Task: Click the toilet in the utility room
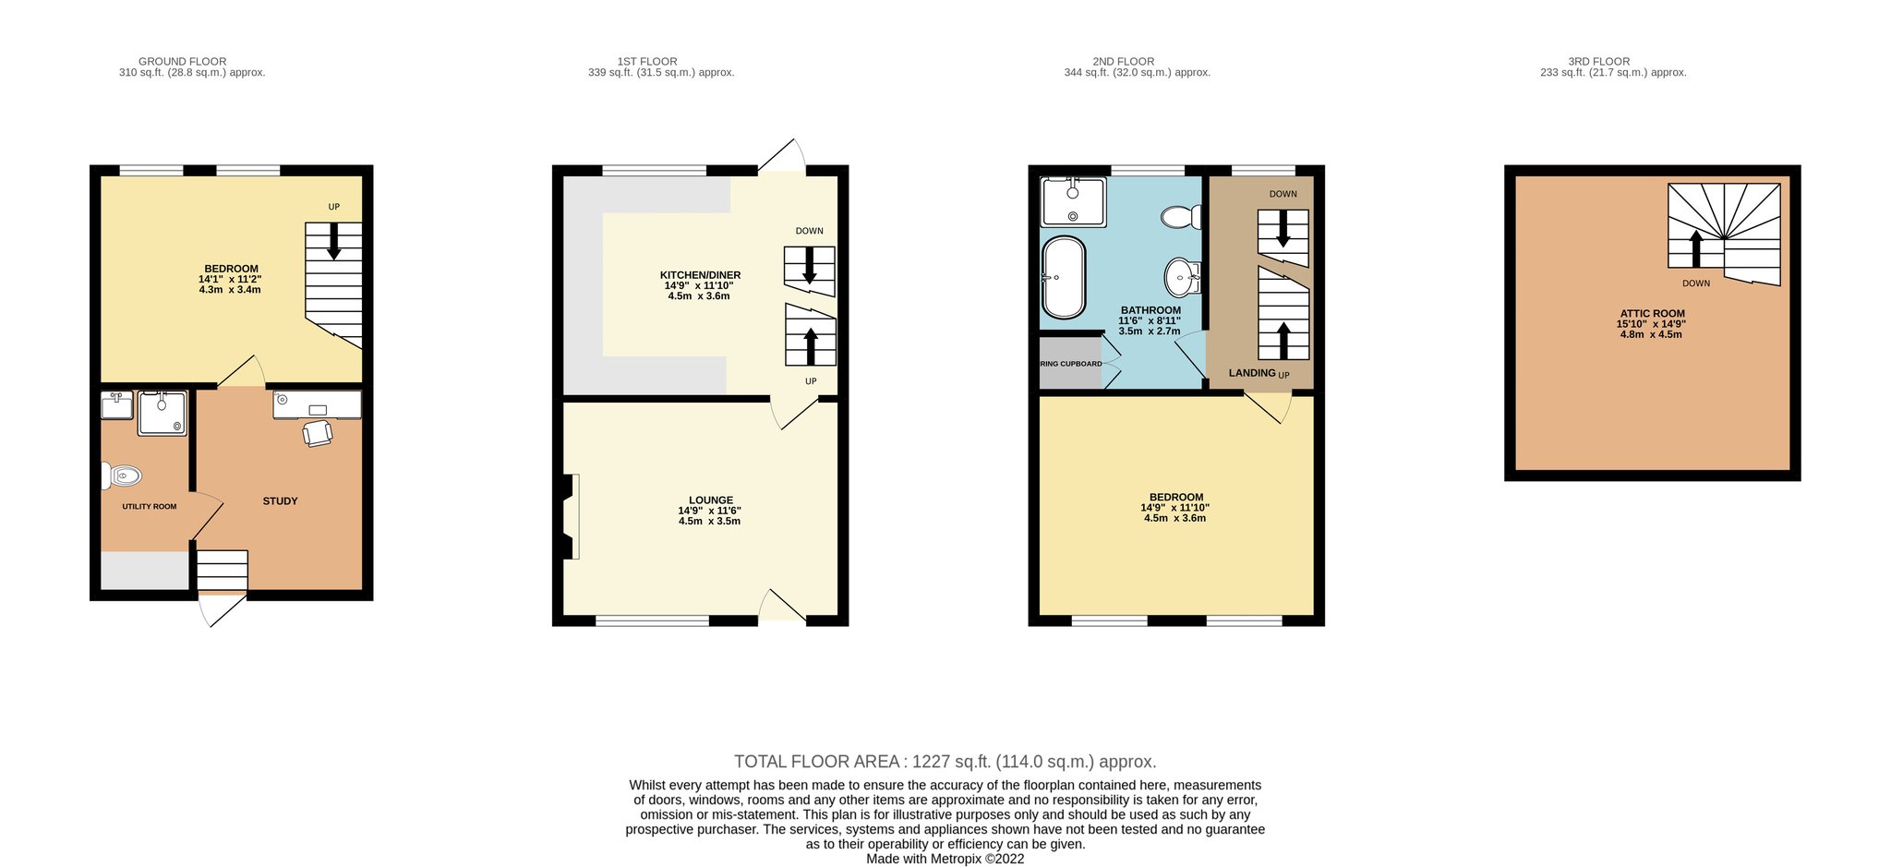(123, 476)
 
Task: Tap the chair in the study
(317, 433)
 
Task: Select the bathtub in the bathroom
(1063, 278)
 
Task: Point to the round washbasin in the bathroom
(1183, 275)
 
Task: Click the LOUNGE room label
(711, 500)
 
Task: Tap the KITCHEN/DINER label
(700, 275)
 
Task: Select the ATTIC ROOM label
(1652, 314)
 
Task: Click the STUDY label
(280, 501)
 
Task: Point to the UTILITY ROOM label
(150, 507)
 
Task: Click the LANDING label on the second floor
(1252, 373)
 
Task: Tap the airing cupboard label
(1071, 364)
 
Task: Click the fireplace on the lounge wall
(571, 516)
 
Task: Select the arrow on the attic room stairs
(1695, 248)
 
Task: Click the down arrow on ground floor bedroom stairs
(333, 241)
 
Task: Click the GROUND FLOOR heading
(183, 62)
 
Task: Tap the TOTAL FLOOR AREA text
(945, 762)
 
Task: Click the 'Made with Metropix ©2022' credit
(945, 859)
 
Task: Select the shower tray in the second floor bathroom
(1073, 202)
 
